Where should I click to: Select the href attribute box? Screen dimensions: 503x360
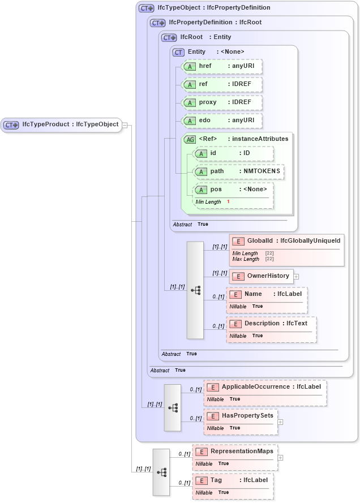(221, 67)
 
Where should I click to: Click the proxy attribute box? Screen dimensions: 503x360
(221, 103)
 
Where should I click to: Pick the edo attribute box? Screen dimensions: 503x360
(221, 121)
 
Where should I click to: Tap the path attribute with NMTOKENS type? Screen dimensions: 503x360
(238, 171)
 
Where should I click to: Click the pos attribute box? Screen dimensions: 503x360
(233, 190)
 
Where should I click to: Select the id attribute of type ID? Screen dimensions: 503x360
(233, 153)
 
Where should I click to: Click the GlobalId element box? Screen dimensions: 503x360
(286, 241)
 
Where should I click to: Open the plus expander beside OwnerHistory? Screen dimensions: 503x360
(296, 277)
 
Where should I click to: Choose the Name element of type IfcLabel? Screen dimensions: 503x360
(267, 294)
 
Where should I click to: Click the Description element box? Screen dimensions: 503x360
(271, 324)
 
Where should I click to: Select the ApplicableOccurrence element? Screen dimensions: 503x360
(265, 387)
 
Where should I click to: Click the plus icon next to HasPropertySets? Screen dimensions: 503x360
(280, 422)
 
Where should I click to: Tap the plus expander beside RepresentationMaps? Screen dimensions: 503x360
(280, 457)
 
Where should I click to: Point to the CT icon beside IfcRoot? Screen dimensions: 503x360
(169, 38)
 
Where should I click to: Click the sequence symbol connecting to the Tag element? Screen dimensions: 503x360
(161, 472)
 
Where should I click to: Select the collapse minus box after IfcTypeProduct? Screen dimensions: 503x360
(125, 125)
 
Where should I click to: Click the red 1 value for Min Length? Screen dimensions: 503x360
(228, 202)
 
